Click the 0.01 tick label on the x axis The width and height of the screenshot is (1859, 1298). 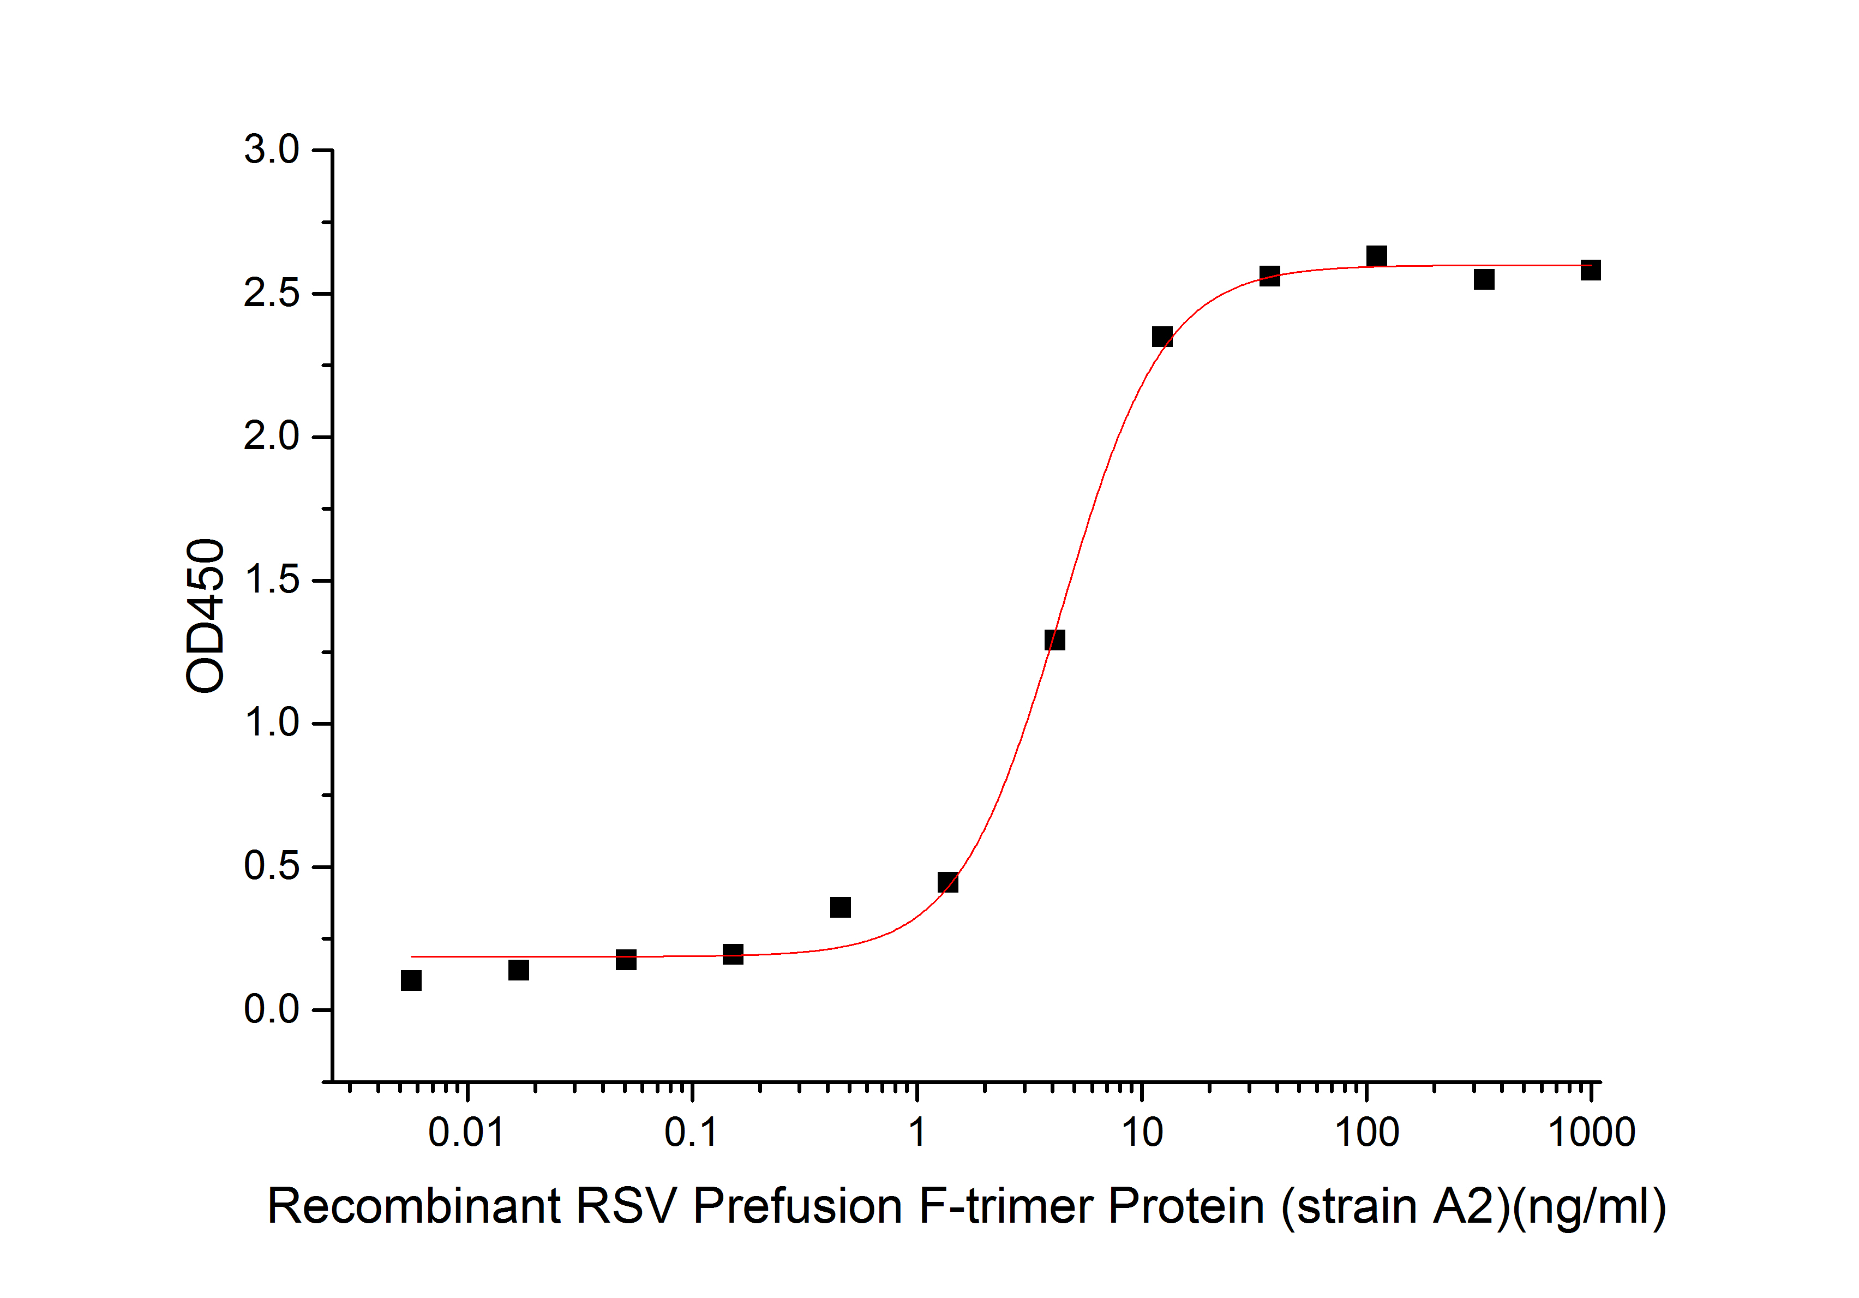[466, 1132]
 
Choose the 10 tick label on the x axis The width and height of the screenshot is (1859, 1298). [1142, 1132]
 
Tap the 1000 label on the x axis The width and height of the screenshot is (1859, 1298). [1592, 1132]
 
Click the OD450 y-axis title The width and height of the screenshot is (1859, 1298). [205, 615]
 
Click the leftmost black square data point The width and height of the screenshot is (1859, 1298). [411, 980]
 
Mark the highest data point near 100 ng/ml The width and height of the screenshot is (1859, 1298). [1376, 256]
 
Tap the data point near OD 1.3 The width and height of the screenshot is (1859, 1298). [1055, 639]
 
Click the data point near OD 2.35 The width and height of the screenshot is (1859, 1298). [1162, 337]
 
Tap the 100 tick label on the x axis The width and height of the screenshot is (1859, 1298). [1367, 1132]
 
